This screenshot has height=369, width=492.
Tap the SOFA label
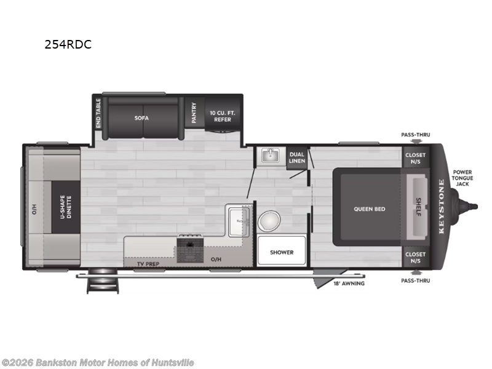pos(142,117)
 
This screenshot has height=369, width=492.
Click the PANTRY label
pos(193,113)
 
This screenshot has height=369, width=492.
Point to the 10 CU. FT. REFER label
pos(222,116)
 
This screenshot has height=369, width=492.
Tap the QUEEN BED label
pos(369,209)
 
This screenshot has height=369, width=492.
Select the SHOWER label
pos(281,252)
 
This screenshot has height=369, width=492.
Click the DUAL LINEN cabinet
pos(297,157)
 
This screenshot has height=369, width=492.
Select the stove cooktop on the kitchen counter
pos(191,249)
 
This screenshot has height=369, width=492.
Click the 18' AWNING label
pos(349,284)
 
